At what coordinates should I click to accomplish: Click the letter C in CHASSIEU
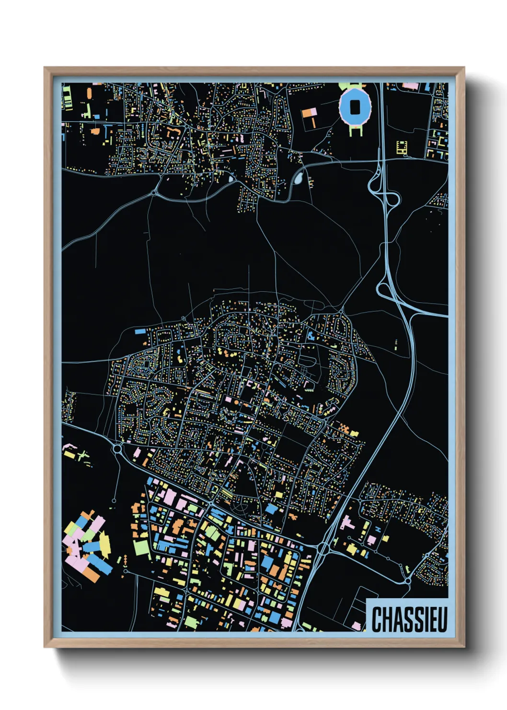coord(377,619)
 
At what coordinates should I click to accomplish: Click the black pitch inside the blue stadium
coord(355,107)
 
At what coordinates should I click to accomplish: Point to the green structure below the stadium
coord(355,130)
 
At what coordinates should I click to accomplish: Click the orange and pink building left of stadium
coord(310,114)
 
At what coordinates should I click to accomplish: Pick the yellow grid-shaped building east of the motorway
coord(402,147)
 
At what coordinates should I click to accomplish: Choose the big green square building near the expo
coord(142,546)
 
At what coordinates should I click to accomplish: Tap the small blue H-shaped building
coord(378,529)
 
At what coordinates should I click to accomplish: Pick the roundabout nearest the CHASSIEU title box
coord(407,580)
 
